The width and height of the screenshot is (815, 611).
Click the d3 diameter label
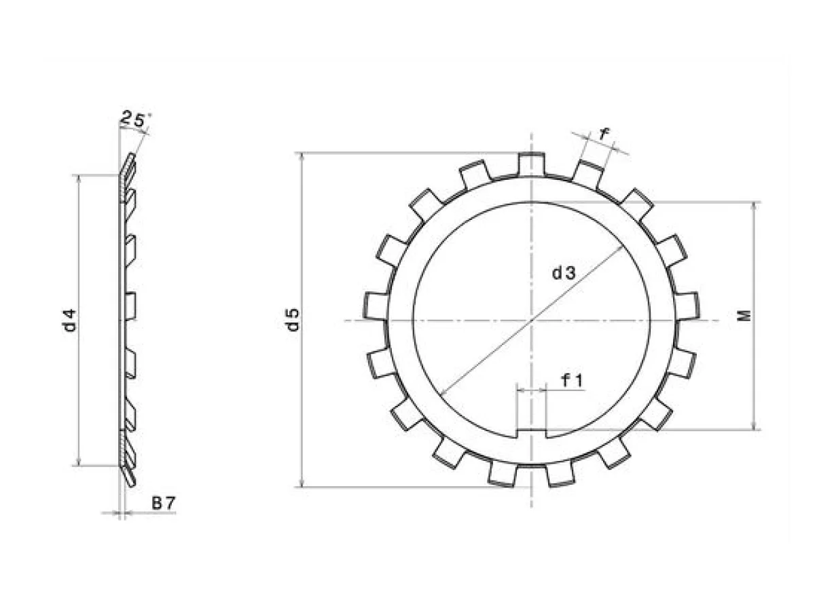(563, 274)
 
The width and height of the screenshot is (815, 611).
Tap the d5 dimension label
(293, 319)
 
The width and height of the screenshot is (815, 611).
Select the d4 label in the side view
(69, 320)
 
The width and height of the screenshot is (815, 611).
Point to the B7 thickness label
(163, 504)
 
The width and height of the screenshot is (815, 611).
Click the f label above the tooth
(604, 134)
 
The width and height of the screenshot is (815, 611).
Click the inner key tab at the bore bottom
(531, 434)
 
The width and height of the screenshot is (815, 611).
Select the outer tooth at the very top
(531, 164)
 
